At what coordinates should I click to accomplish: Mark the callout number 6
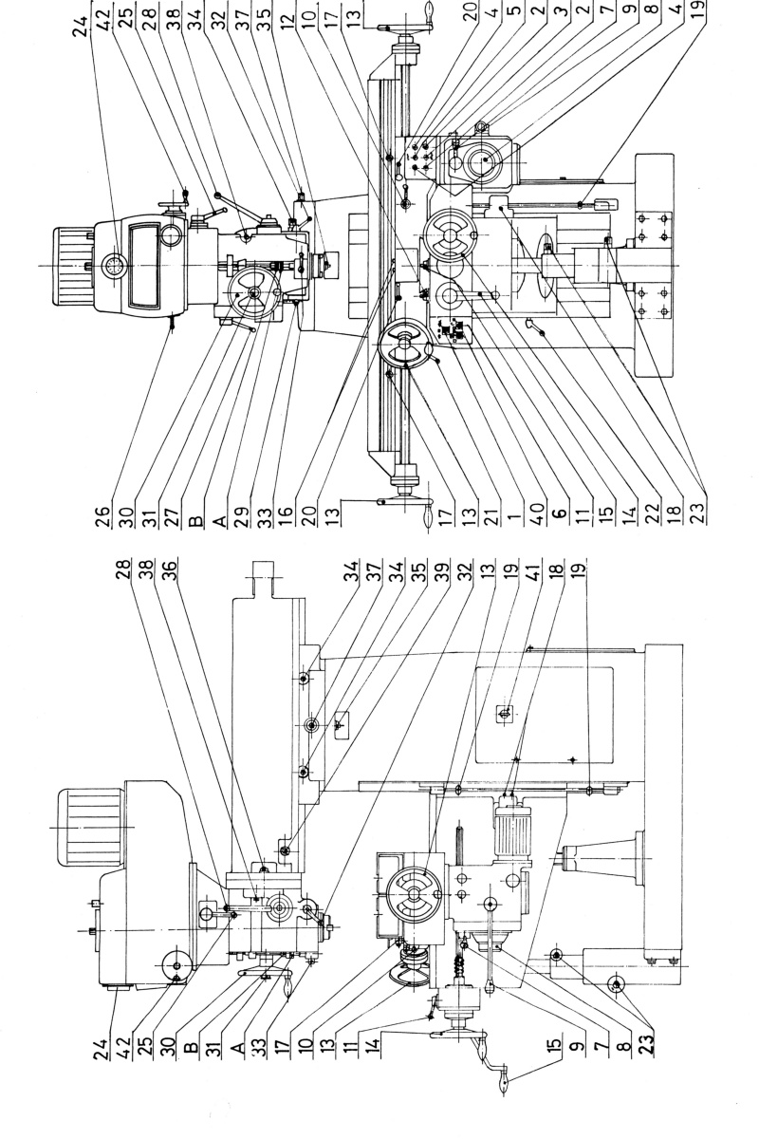(x=559, y=513)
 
